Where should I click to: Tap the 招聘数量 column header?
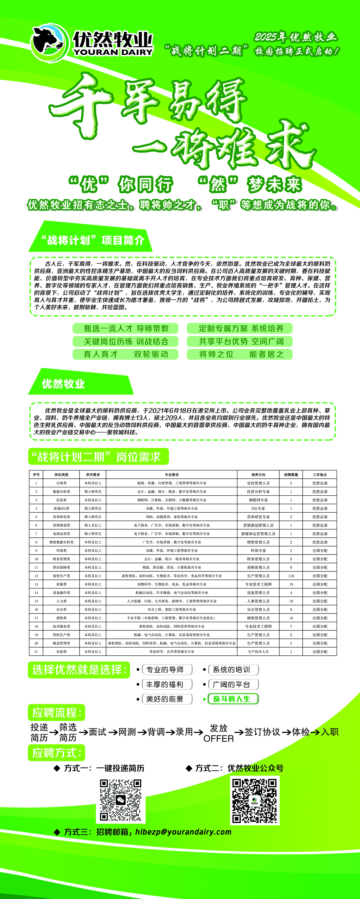291,475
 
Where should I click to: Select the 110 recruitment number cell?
291,576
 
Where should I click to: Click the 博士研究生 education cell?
93,517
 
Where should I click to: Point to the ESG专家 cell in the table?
258,508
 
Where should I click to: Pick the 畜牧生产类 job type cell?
61,576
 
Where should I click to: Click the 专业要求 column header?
171,475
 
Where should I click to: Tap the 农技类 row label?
61,652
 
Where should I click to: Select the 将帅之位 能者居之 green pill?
240,354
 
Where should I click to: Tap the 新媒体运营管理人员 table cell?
258,534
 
